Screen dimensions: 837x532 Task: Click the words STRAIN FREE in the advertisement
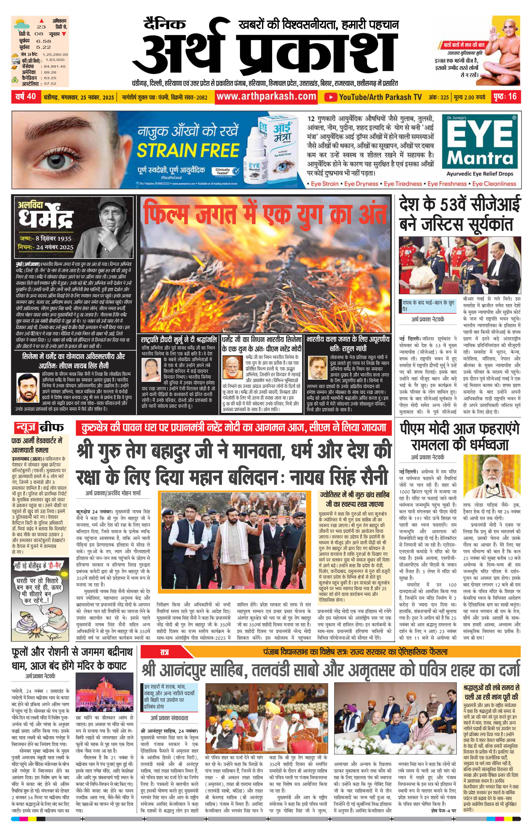coord(188,150)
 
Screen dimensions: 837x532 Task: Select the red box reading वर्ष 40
coord(26,96)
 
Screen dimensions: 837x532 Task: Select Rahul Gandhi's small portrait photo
coord(318,367)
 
